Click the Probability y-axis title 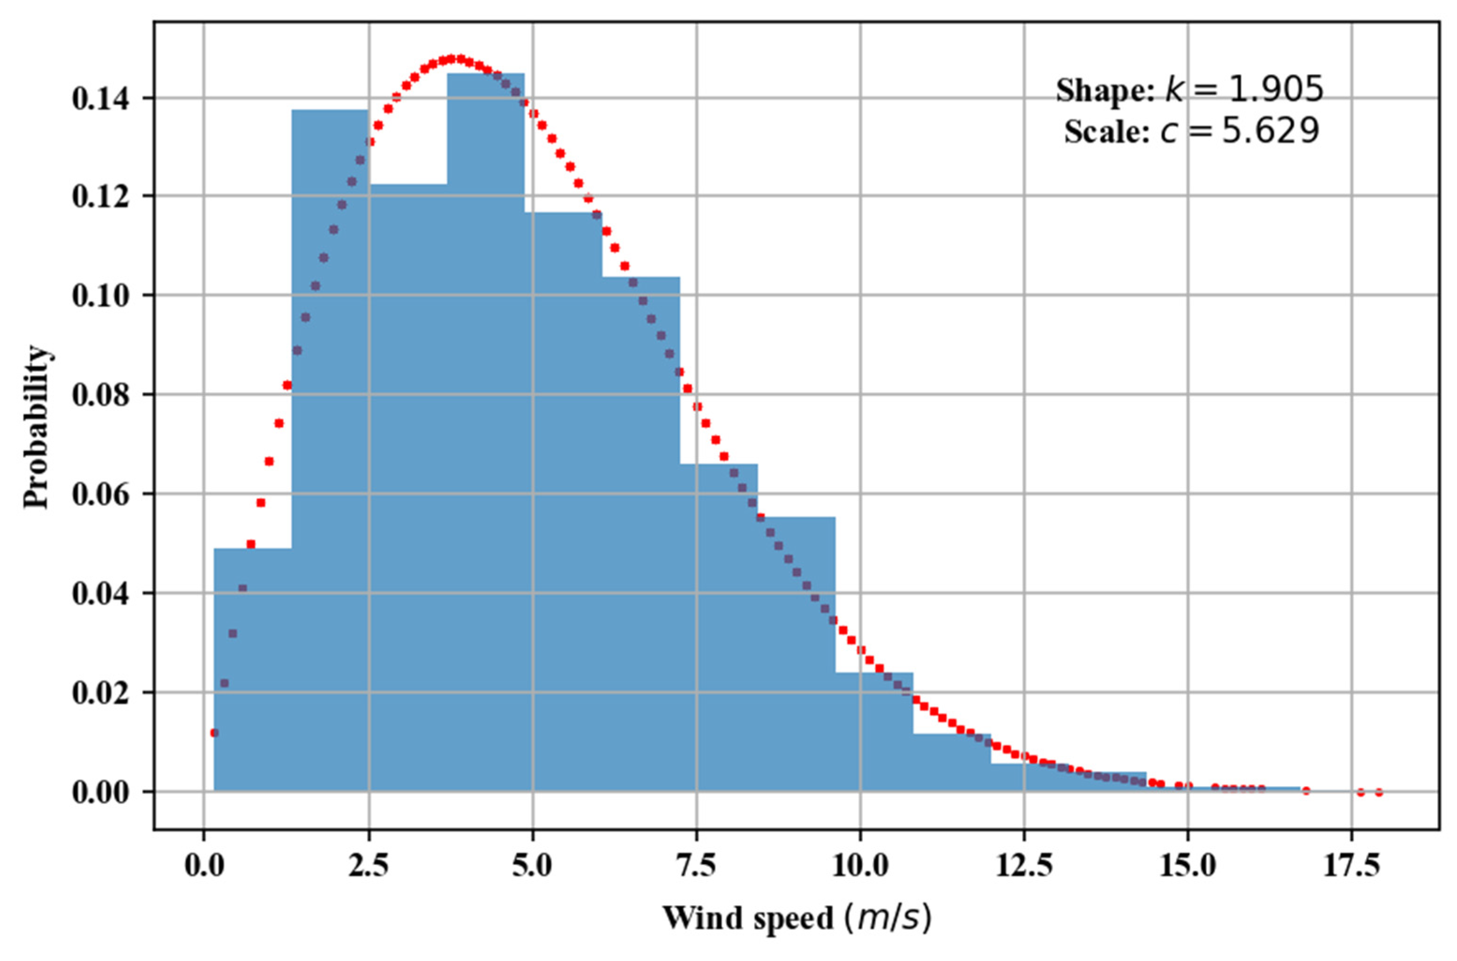click(x=36, y=427)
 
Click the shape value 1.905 click(x=1268, y=90)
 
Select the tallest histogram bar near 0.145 click(x=485, y=429)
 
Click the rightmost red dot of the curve click(x=1379, y=792)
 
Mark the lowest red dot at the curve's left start click(x=214, y=732)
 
